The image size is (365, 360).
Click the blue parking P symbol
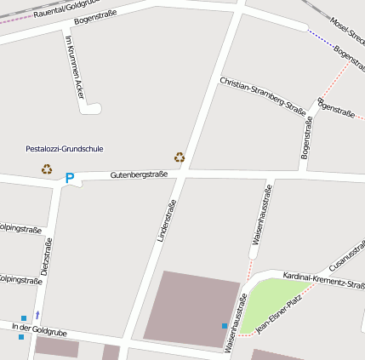pos(70,178)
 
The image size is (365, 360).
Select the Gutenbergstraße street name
pos(139,174)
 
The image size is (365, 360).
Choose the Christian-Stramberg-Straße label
pos(262,95)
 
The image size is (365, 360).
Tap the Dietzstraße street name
pos(46,255)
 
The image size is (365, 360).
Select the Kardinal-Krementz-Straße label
pos(323,280)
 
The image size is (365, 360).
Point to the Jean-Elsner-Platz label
pos(279,314)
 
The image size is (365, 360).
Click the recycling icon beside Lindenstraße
pos(180,157)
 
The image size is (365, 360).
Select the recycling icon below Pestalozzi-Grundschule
pos(46,169)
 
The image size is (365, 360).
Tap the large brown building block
pos(191,308)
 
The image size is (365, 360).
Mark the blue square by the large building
pos(225,326)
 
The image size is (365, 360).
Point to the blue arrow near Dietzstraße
pos(37,315)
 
